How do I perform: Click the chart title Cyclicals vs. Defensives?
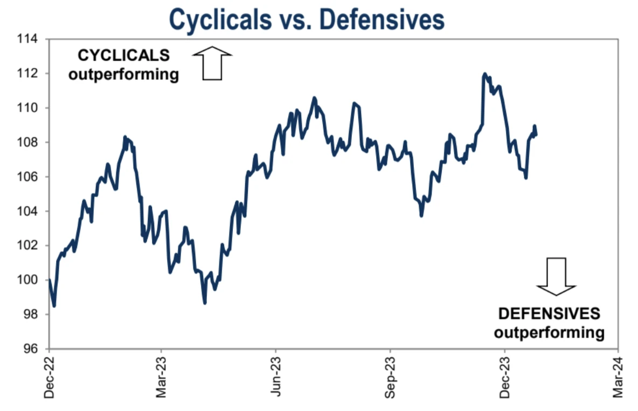coord(307,20)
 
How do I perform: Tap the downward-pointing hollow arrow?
coord(557,276)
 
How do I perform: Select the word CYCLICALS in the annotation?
coord(124,55)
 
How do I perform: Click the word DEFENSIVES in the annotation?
coord(549,314)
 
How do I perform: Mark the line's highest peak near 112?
coord(484,74)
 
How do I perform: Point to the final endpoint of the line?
coord(536,134)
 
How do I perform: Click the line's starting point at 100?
coord(50,280)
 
